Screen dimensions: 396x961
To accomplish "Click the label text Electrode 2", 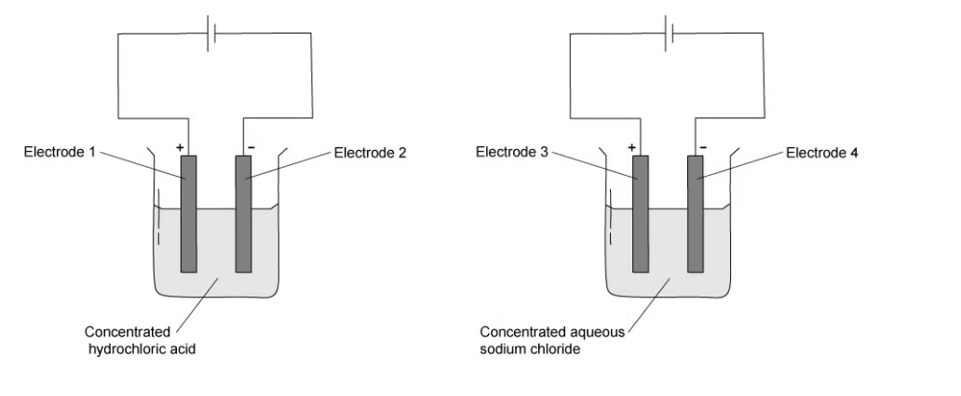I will [370, 153].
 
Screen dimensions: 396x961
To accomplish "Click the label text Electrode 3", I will [510, 152].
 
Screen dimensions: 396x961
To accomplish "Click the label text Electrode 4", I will [822, 153].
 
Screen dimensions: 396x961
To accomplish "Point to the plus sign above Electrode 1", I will [181, 147].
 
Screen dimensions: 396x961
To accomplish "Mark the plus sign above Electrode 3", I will [632, 147].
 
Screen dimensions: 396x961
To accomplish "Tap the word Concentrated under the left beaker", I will [127, 332].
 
